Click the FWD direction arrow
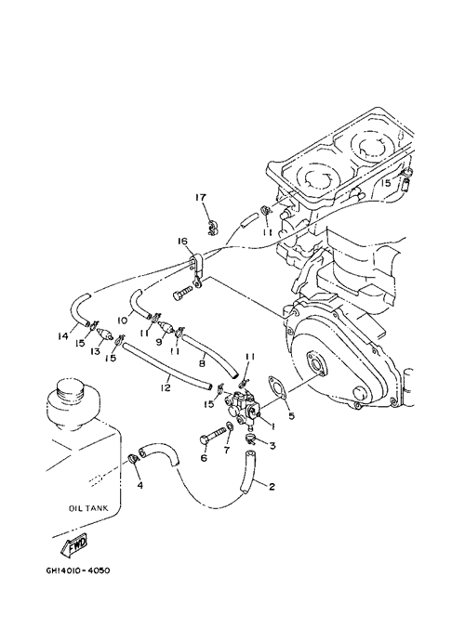74,545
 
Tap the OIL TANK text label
88,508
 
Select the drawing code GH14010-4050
78,570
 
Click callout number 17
201,198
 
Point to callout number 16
182,241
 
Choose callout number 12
166,387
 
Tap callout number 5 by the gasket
292,416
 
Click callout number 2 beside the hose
272,487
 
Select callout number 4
140,486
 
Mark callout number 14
63,336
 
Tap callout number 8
202,362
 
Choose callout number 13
96,351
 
